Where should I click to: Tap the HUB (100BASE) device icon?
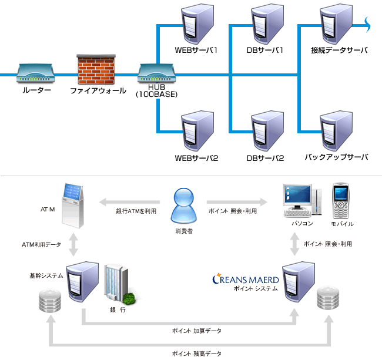(x=156, y=74)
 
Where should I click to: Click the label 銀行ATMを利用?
(x=136, y=210)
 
